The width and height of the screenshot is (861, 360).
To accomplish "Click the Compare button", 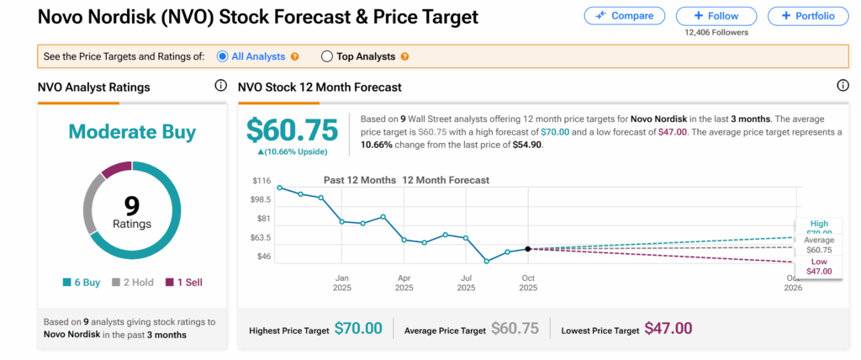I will [625, 16].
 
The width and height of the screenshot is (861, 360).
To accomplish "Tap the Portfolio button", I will [807, 16].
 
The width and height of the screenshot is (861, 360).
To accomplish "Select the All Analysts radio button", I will [223, 56].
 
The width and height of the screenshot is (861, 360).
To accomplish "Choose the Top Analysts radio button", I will [327, 56].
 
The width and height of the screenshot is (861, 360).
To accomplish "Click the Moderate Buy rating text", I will [132, 132].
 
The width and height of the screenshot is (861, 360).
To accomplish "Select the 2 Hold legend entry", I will [133, 283].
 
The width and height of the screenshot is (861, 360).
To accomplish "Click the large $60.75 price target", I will [292, 130].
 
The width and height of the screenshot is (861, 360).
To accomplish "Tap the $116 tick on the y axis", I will [261, 182].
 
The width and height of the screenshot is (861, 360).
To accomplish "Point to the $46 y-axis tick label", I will [262, 256].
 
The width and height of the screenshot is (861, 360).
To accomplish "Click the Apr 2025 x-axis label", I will [404, 282].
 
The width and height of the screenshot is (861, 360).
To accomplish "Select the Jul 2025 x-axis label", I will [465, 282].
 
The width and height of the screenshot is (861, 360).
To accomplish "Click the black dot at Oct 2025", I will [527, 249].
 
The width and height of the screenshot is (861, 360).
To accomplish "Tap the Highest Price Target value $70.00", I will [358, 328].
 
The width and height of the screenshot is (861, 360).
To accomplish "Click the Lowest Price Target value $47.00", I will [668, 328].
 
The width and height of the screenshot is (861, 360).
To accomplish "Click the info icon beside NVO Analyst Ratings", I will [220, 86].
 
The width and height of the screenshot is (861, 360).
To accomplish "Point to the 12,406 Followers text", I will [716, 33].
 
